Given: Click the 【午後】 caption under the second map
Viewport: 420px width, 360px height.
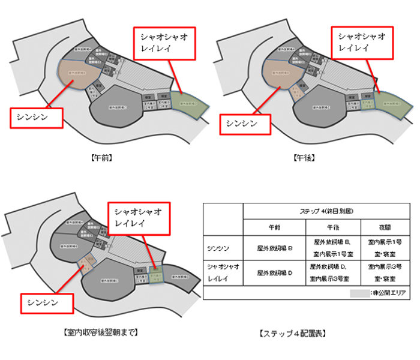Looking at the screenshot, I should tap(305, 159).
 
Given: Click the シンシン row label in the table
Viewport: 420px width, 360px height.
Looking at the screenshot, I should tap(223, 247).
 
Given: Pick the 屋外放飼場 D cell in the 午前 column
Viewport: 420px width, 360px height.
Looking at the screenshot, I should tap(274, 272).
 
